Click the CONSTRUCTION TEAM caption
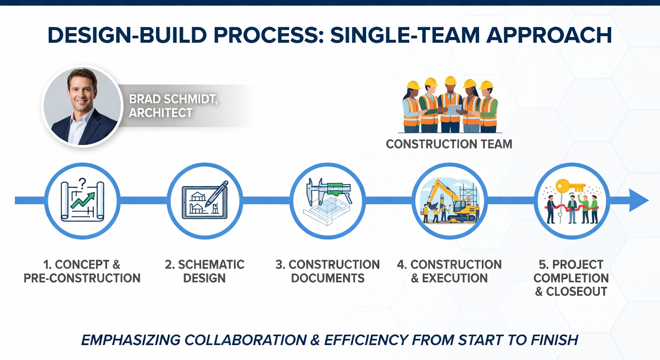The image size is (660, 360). [x=449, y=144]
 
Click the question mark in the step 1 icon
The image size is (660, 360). [x=83, y=182]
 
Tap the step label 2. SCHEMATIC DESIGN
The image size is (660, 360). [x=205, y=271]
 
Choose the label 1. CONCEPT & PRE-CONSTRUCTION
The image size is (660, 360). [x=82, y=271]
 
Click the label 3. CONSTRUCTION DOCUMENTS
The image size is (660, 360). [x=328, y=271]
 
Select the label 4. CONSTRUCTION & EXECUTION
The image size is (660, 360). [x=450, y=271]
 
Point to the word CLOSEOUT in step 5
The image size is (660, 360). [x=577, y=291]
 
